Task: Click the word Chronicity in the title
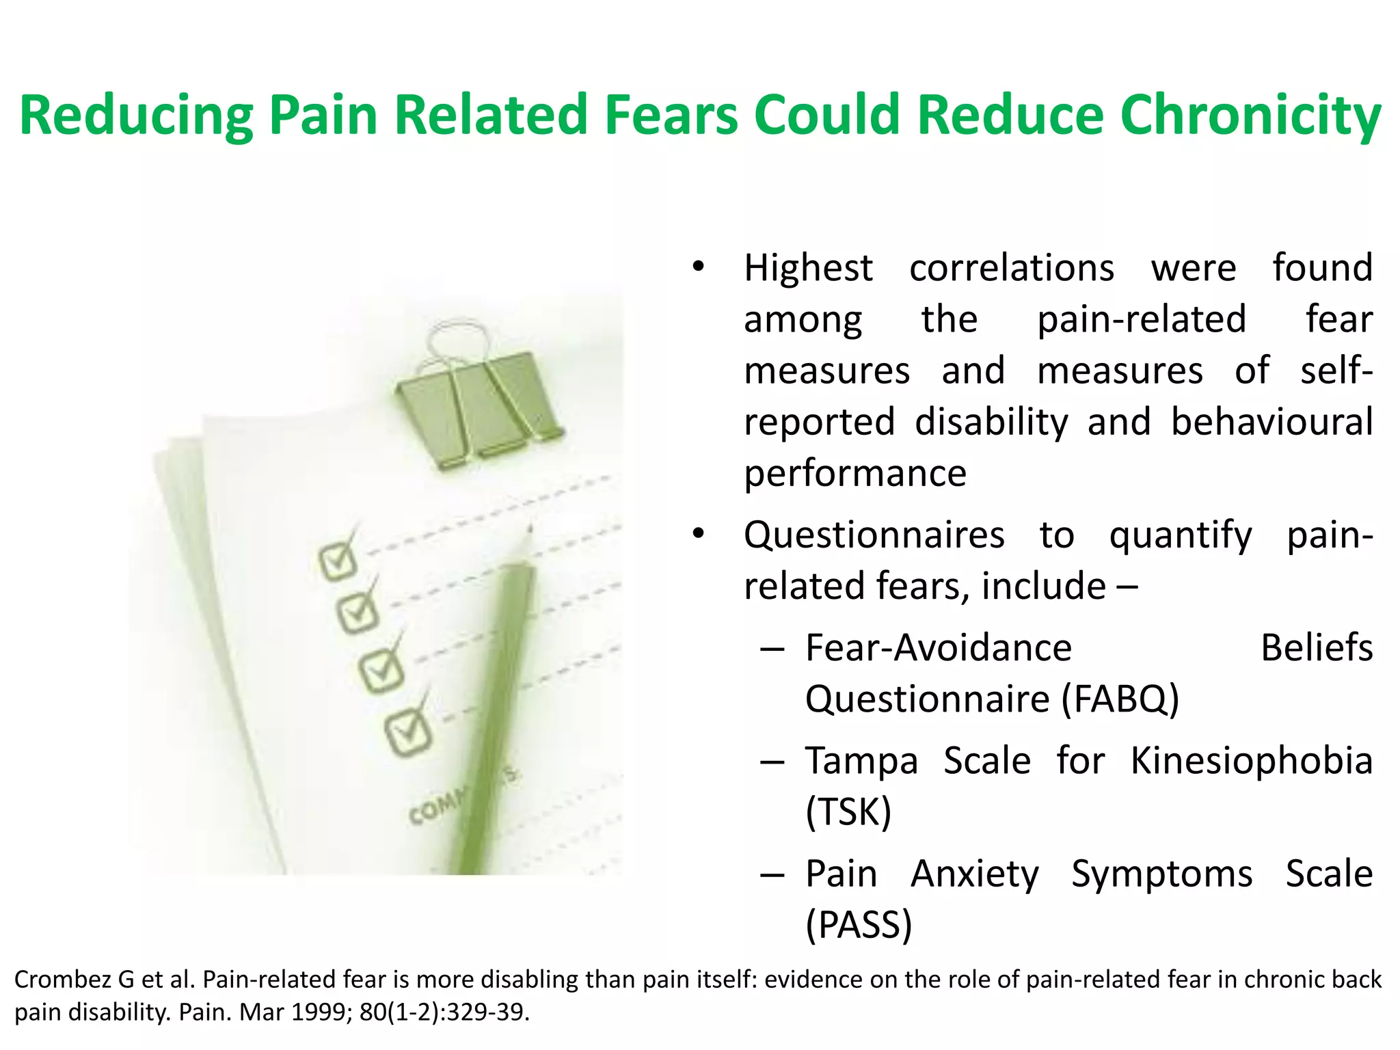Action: point(1250,115)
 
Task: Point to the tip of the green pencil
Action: point(530,529)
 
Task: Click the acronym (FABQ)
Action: point(1120,699)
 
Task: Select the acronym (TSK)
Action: point(848,813)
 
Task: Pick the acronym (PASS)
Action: point(859,926)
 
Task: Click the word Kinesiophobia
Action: point(1251,761)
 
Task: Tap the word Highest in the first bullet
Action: point(808,268)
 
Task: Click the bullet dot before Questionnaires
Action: point(697,534)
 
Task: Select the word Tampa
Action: point(861,761)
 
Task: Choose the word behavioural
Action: point(1271,422)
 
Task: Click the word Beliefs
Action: point(1316,648)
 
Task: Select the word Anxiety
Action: point(975,874)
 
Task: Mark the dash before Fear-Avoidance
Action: point(772,648)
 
